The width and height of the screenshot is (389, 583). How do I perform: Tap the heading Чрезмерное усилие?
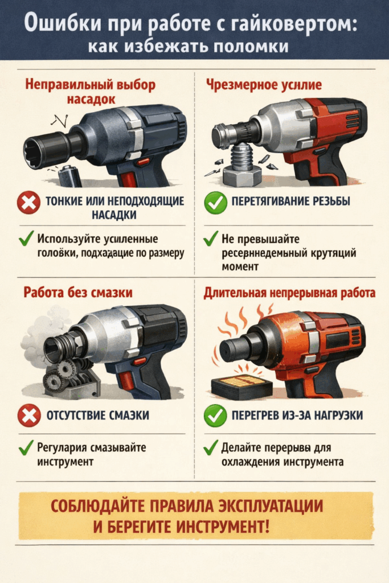pyautogui.click(x=263, y=85)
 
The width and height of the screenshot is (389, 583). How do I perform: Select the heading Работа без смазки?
pyautogui.click(x=78, y=293)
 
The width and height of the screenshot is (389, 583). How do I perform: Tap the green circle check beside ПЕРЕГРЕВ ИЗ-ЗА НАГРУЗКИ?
pyautogui.click(x=216, y=416)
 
